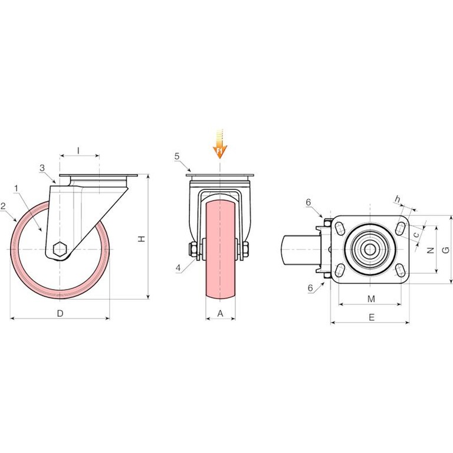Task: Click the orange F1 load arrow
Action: click(x=220, y=144)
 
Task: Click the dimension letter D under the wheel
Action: click(x=60, y=313)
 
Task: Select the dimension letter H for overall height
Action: click(x=142, y=239)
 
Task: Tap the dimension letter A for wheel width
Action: click(x=221, y=313)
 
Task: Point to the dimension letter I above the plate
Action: click(x=78, y=150)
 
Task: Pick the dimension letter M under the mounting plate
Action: click(x=371, y=298)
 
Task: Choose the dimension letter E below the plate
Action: click(x=372, y=317)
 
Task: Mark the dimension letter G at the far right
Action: click(x=446, y=250)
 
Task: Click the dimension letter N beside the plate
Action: click(x=431, y=250)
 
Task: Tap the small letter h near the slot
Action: click(x=398, y=199)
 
